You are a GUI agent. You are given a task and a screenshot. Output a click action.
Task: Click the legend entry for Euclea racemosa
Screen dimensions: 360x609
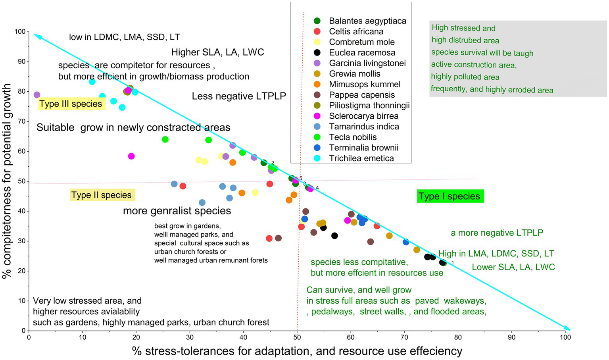(x=362, y=52)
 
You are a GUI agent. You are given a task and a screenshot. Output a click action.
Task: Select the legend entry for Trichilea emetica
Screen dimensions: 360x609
(x=361, y=158)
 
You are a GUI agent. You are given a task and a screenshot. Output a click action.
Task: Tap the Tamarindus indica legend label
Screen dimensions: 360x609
(x=364, y=127)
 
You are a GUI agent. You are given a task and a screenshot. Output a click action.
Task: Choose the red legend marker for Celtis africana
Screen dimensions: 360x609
(x=317, y=31)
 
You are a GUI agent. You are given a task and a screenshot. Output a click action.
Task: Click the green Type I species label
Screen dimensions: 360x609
(x=450, y=196)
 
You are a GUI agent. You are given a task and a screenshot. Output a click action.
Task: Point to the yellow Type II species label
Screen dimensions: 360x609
(x=102, y=195)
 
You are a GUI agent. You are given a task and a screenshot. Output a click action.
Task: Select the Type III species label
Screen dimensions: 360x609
(x=71, y=104)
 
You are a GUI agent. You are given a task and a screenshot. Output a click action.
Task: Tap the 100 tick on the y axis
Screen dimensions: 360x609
(x=20, y=32)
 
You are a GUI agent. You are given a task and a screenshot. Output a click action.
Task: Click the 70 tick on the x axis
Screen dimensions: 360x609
(x=404, y=337)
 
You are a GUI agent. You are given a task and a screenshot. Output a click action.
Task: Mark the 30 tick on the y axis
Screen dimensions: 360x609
(x=22, y=241)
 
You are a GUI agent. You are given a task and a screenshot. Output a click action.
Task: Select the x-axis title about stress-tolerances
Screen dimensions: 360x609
(x=297, y=351)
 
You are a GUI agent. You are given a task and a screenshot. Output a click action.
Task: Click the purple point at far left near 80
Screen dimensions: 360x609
(x=37, y=95)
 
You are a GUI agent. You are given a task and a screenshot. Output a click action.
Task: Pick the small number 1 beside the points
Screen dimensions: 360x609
(x=452, y=263)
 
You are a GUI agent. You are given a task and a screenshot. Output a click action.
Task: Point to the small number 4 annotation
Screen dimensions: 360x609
(x=317, y=187)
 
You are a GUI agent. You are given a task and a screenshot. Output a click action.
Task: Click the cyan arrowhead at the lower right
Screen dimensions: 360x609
(x=567, y=328)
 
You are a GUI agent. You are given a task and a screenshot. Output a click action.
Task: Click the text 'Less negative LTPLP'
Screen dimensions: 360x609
(x=239, y=96)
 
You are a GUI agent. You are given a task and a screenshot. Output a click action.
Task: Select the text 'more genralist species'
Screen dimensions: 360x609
(x=177, y=211)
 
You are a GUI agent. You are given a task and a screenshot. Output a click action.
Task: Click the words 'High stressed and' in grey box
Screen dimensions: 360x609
(x=463, y=28)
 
